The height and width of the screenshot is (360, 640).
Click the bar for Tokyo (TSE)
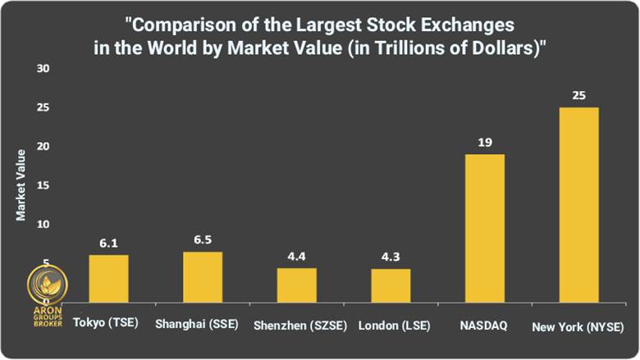coord(108,278)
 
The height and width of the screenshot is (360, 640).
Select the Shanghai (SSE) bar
coord(203,276)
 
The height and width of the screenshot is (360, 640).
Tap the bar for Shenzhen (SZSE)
coord(296,285)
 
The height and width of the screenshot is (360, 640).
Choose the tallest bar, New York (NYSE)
coord(578,204)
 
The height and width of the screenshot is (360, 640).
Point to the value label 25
coord(578,96)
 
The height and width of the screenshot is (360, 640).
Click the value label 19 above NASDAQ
coord(484,143)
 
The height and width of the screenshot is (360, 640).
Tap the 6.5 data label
coord(203,240)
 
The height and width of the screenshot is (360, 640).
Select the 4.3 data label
coord(391,257)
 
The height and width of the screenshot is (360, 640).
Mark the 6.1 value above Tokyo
coord(108,244)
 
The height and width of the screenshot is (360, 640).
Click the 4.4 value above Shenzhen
coord(296,257)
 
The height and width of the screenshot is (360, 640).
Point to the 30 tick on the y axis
coord(43,69)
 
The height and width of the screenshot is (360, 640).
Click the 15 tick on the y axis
coord(43,185)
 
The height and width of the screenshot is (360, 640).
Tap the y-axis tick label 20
coord(43,147)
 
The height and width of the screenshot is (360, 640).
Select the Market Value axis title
coord(21,185)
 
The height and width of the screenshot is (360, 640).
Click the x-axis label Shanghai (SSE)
coord(196,325)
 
